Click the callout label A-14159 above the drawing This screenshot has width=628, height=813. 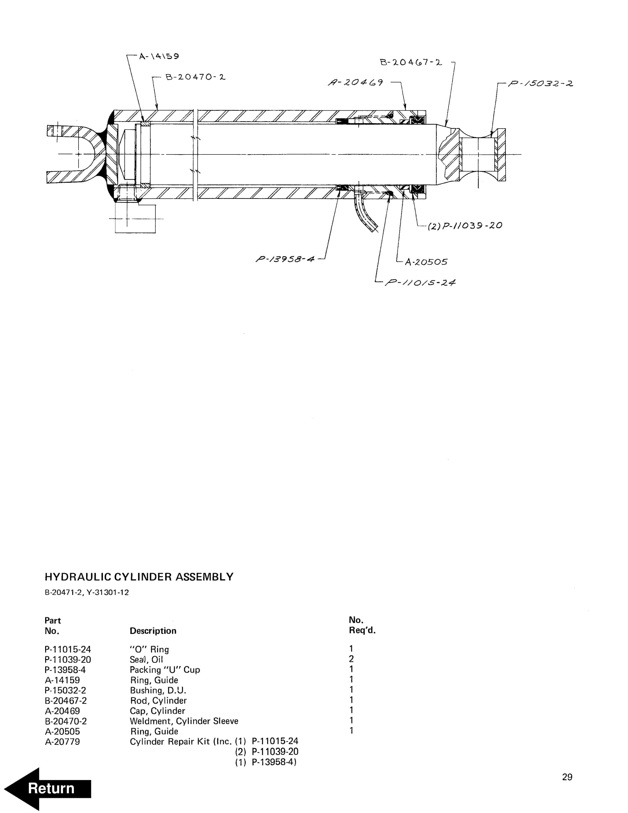point(159,56)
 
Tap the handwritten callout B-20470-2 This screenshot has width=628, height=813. point(195,78)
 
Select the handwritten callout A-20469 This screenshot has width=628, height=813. point(355,82)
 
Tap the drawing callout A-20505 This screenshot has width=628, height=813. point(426,262)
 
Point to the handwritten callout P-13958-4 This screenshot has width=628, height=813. point(285,259)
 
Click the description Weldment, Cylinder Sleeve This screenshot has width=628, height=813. point(184,721)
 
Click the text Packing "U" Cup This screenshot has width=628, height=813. point(165,670)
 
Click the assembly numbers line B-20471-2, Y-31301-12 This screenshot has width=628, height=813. point(87,592)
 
